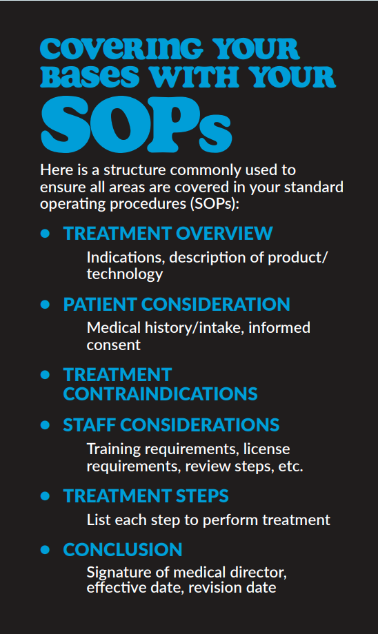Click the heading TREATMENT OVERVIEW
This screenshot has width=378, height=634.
(168, 234)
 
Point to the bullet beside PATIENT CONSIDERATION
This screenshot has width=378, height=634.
(46, 304)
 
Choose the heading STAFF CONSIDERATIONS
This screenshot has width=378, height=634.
(171, 425)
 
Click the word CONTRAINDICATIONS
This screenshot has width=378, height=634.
(160, 393)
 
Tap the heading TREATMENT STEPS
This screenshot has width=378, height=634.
(146, 496)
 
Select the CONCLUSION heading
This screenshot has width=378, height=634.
(123, 549)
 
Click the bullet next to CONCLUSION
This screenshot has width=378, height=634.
(46, 549)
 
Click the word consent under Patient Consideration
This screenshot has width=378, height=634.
(114, 344)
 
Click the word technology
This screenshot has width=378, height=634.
(125, 274)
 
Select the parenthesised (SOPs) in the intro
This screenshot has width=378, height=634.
(224, 205)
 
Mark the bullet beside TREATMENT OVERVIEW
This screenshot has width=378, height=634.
(46, 234)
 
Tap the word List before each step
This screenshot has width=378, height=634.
(99, 520)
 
